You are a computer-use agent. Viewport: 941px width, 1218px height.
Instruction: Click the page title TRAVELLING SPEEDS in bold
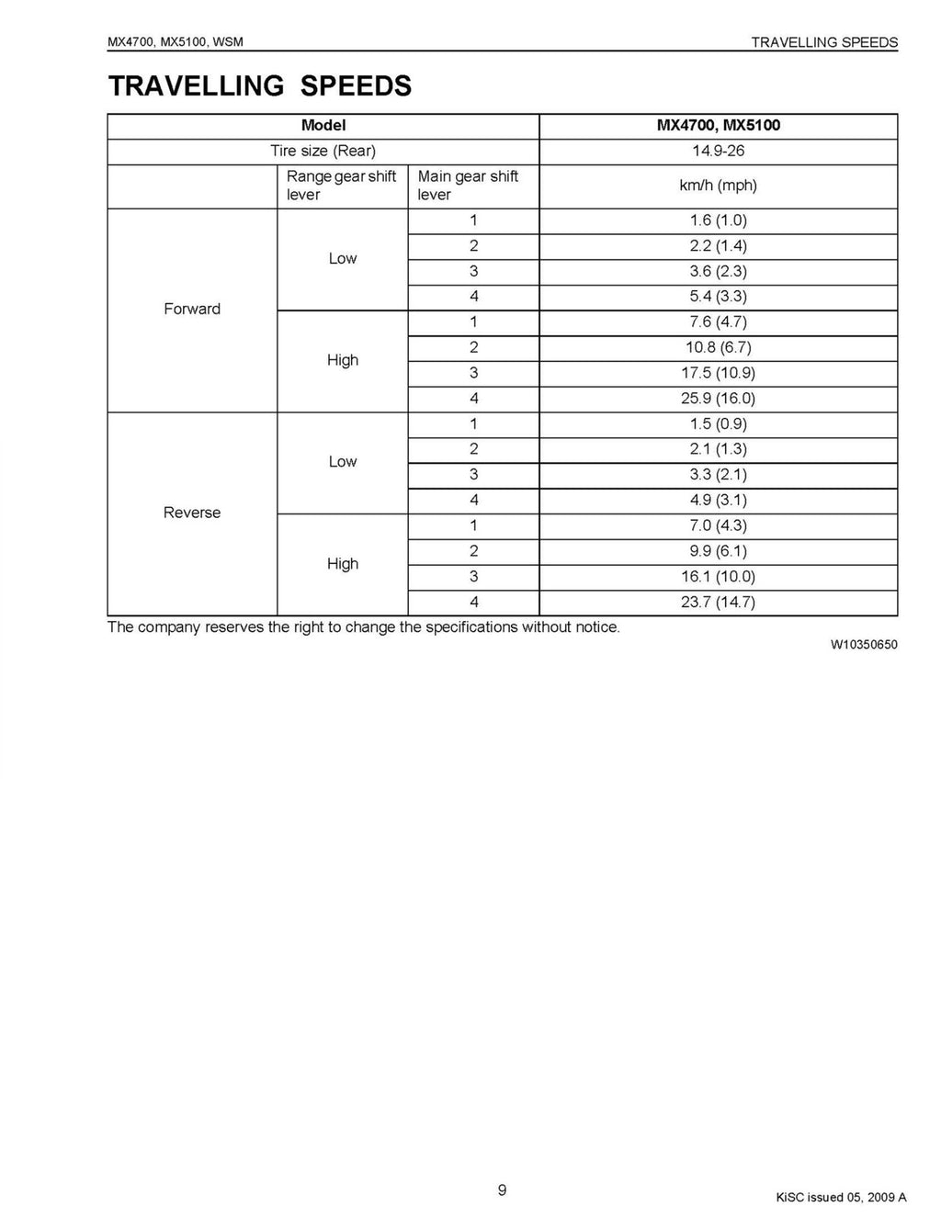pos(260,85)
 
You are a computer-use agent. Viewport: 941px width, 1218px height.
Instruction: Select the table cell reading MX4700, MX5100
pos(718,125)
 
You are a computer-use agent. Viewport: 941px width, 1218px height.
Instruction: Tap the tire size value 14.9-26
pos(718,151)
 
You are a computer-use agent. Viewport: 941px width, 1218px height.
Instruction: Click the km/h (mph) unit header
pos(718,186)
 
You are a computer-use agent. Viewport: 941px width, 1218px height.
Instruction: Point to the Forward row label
pos(192,309)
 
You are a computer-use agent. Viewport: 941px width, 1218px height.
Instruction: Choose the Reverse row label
pos(192,513)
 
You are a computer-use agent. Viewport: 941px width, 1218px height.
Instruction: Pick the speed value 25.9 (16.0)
pos(718,398)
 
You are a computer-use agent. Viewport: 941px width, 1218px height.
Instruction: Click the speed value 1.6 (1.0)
pos(718,220)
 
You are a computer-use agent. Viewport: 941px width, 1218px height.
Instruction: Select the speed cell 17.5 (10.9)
pos(718,373)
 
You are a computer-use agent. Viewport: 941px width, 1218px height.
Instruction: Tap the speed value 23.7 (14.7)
pos(718,602)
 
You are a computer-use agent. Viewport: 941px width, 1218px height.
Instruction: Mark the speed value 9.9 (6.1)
pos(718,551)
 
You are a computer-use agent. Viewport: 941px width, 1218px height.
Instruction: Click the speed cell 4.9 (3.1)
pos(718,500)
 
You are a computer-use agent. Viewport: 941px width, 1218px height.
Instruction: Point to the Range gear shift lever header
pos(341,186)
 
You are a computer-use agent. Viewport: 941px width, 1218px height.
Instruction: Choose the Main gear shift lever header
pos(468,186)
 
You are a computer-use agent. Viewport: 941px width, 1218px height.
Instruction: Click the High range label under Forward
pos(343,360)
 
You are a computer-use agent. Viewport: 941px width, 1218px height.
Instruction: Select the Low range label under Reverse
pos(343,461)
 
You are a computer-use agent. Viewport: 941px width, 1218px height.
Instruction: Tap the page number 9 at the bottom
pos(502,1190)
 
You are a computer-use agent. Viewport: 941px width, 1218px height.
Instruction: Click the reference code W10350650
pos(864,645)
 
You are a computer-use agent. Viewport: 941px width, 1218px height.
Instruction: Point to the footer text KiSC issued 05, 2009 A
pos(841,1197)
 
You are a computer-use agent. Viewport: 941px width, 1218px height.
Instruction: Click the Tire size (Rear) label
pos(323,151)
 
